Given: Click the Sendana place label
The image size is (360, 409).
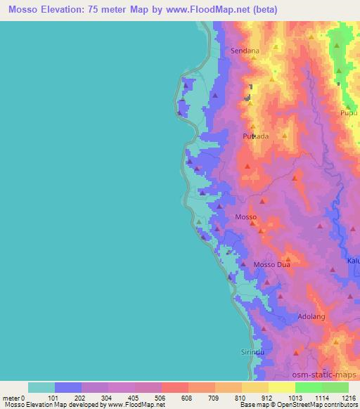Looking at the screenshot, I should (245, 51).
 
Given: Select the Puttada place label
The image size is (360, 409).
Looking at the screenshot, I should (255, 136).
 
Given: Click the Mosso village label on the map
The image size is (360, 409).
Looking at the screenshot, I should (245, 217).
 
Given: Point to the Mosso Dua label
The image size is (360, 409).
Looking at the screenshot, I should (271, 264).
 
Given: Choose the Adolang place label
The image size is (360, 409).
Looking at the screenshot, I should (311, 316).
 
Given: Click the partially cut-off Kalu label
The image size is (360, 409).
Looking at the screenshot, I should (353, 261).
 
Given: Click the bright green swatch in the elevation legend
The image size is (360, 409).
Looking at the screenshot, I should (308, 387).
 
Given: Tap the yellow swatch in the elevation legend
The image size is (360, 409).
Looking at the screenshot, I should (255, 387).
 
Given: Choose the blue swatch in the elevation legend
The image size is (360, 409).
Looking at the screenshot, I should (68, 387).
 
